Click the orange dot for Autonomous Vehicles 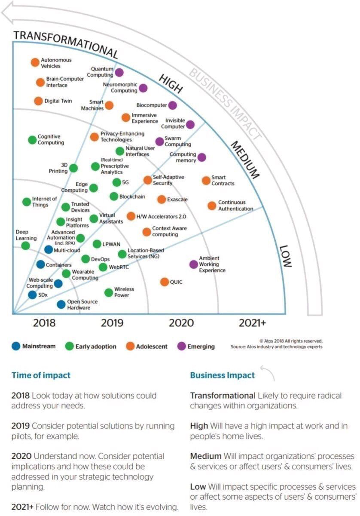point(35,62)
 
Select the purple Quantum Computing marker point(119,72)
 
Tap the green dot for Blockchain point(114,197)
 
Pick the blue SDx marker point(32,295)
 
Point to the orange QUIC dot point(165,282)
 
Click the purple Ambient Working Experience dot point(194,264)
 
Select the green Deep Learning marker point(26,246)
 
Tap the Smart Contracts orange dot point(206,180)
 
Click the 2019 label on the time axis point(112,323)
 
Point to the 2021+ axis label point(252,323)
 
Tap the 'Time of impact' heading point(41,375)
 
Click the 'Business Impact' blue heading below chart point(223,375)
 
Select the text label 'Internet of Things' point(44,202)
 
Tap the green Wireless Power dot point(109,292)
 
